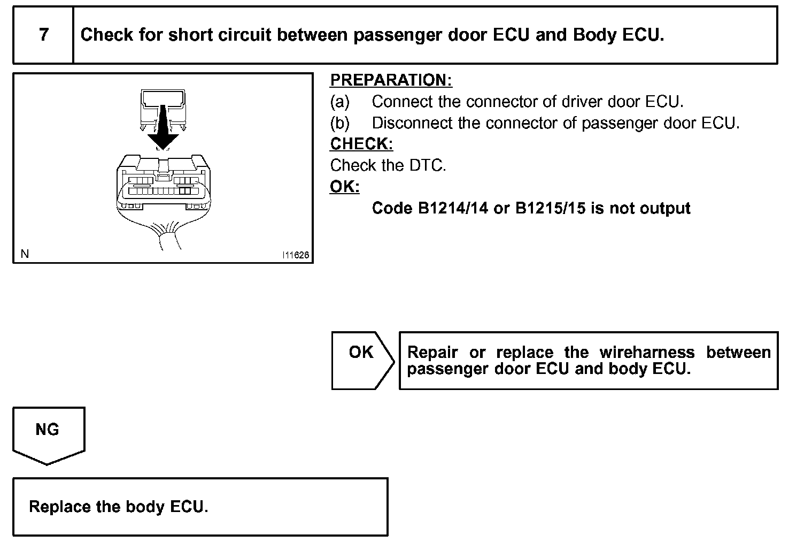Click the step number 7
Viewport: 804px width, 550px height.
pos(43,35)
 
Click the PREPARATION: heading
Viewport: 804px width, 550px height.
pos(391,80)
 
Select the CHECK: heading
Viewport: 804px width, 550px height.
pos(361,144)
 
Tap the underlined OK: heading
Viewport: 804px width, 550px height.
pos(345,187)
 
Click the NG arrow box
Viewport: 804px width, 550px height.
pos(48,433)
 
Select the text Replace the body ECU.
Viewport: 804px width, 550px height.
pos(118,507)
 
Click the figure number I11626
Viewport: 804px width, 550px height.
pos(296,255)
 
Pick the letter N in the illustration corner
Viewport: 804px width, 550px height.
pos(25,254)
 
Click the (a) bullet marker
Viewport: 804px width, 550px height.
pos(339,101)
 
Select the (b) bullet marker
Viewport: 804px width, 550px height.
pos(339,123)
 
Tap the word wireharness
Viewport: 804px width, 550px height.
pos(647,353)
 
